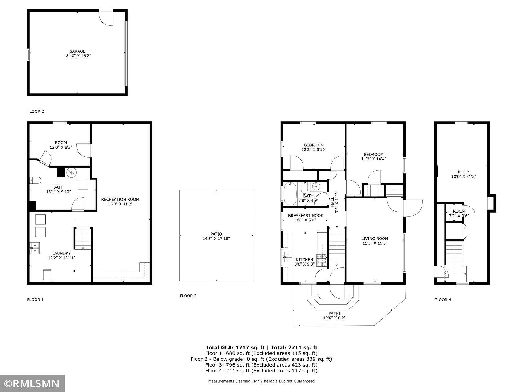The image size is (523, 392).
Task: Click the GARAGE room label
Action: tap(77, 51)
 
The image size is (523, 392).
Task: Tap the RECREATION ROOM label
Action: tap(120, 199)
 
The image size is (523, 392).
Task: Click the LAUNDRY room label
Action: tap(61, 253)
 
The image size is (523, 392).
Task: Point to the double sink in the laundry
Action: tap(35, 248)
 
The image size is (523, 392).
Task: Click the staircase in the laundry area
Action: tap(83, 238)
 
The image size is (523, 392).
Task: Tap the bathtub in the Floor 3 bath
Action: tap(290, 194)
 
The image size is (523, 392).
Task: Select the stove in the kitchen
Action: tap(322, 260)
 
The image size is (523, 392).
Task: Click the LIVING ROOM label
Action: tap(375, 239)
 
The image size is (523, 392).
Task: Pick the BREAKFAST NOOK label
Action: tap(306, 216)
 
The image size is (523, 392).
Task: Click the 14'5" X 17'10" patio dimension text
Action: tap(216, 239)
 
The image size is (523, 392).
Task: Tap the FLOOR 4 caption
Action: tap(443, 300)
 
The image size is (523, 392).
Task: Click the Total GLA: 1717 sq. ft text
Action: tap(235, 348)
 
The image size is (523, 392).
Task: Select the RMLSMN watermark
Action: tap(32, 384)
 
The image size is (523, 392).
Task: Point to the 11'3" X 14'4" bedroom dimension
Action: tap(373, 159)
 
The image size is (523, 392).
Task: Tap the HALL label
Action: tap(332, 202)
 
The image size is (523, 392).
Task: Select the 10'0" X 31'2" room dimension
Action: tap(464, 176)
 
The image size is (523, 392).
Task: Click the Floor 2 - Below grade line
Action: tap(261, 359)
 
